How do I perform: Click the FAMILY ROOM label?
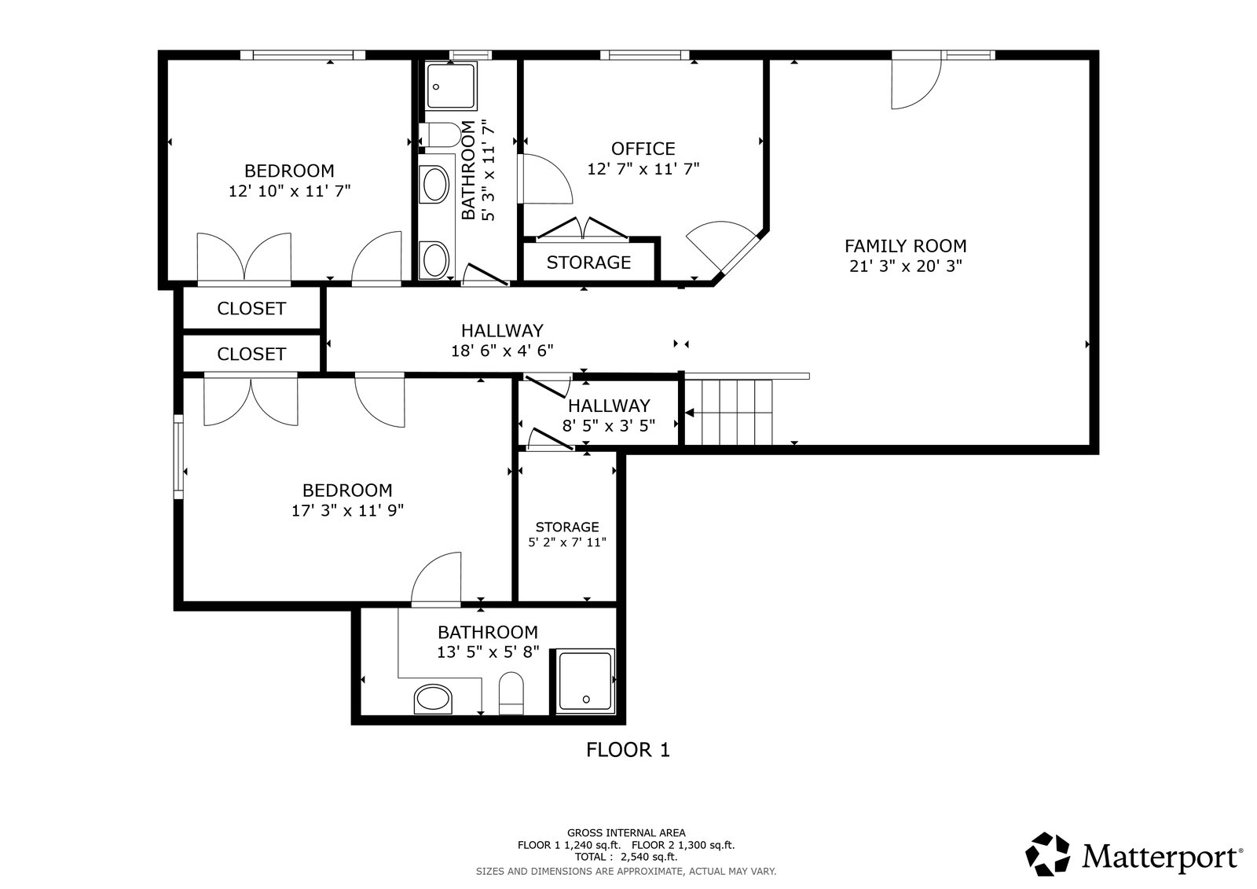pyautogui.click(x=905, y=246)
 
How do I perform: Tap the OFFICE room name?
pyautogui.click(x=643, y=149)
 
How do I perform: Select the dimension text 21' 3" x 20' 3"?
pyautogui.click(x=905, y=266)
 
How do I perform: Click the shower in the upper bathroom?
pyautogui.click(x=451, y=86)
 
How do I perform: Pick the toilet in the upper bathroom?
pyautogui.click(x=440, y=134)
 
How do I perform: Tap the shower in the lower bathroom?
pyautogui.click(x=585, y=681)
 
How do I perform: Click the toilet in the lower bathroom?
pyautogui.click(x=511, y=693)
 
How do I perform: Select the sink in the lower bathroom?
pyautogui.click(x=433, y=699)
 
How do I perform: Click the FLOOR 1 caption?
pyautogui.click(x=628, y=750)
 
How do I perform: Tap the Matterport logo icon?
pyautogui.click(x=1047, y=854)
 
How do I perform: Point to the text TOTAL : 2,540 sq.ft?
pyautogui.click(x=625, y=857)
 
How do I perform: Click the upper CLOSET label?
pyautogui.click(x=251, y=308)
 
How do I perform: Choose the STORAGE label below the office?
pyautogui.click(x=588, y=263)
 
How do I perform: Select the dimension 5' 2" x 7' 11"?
pyautogui.click(x=567, y=542)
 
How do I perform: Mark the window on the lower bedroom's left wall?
pyautogui.click(x=178, y=457)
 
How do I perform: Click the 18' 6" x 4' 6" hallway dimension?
pyautogui.click(x=502, y=351)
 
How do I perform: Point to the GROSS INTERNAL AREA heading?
pyautogui.click(x=626, y=833)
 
